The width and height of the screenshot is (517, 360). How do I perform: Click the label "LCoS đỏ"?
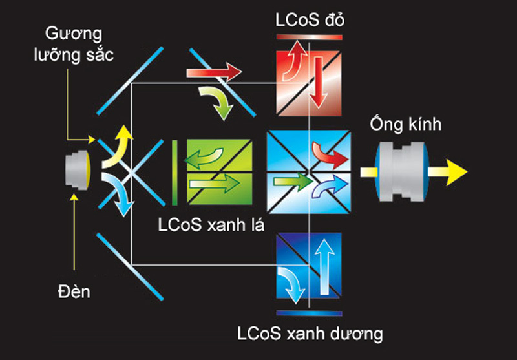pyautogui.click(x=310, y=21)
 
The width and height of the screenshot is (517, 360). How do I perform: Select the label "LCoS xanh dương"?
pyautogui.click(x=310, y=334)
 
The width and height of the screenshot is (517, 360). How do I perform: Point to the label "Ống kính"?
pyautogui.click(x=405, y=125)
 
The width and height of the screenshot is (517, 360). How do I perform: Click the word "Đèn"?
pyautogui.click(x=74, y=291)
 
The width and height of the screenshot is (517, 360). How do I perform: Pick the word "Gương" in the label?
pyautogui.click(x=74, y=34)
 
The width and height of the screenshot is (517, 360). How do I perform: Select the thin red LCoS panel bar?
pyautogui.click(x=310, y=37)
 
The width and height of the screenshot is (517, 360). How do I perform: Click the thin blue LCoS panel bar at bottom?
pyautogui.click(x=310, y=313)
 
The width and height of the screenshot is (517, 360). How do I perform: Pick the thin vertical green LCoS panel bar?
pyautogui.click(x=174, y=173)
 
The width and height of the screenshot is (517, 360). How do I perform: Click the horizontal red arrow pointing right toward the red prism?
pyautogui.click(x=215, y=72)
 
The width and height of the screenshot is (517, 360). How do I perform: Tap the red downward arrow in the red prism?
pyautogui.click(x=319, y=83)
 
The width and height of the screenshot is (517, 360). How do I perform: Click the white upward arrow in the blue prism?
pyautogui.click(x=325, y=266)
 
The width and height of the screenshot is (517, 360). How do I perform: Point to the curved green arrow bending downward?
pyautogui.click(x=218, y=101)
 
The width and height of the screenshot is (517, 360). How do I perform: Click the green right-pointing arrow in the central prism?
pyautogui.click(x=293, y=182)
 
